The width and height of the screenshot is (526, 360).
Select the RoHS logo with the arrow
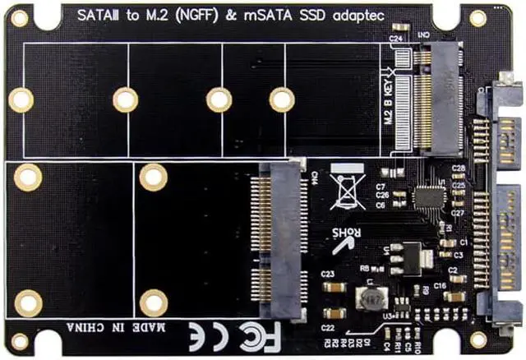click(x=346, y=233)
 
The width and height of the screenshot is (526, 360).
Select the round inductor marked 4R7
click(x=369, y=298)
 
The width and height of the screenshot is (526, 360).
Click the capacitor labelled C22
click(x=333, y=313)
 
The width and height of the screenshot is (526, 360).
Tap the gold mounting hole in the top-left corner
click(x=19, y=18)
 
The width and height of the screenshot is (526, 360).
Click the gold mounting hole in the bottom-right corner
click(x=478, y=339)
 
